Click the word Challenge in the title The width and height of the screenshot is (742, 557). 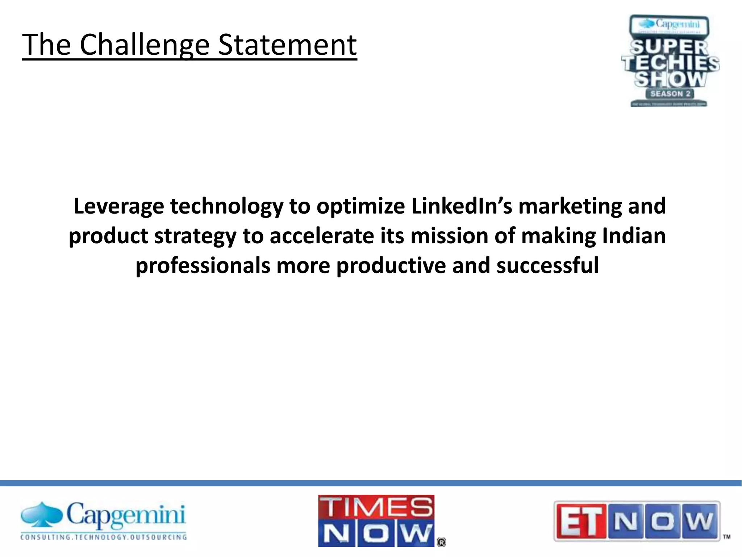(x=144, y=45)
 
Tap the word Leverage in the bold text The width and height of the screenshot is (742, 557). (x=119, y=206)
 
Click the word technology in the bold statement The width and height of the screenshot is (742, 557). (x=226, y=206)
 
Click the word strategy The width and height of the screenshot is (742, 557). (x=195, y=236)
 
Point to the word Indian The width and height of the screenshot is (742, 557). (x=634, y=236)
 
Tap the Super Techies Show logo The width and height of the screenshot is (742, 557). (x=670, y=61)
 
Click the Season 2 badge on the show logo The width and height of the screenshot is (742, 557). (x=670, y=94)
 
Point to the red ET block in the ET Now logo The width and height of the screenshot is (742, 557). (x=580, y=521)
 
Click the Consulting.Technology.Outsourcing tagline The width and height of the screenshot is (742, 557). (x=104, y=537)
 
